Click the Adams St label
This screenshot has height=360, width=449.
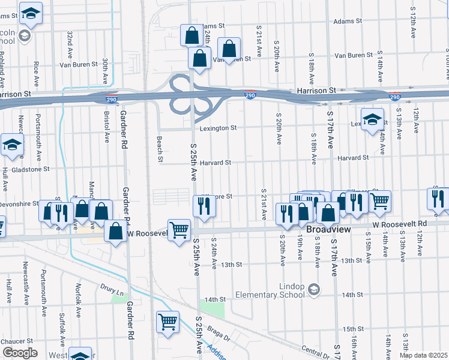[x=213, y=26]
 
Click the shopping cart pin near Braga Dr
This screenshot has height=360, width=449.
[x=167, y=322]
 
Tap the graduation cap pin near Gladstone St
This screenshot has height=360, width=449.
[x=12, y=146]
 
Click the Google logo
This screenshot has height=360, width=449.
[x=20, y=353]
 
